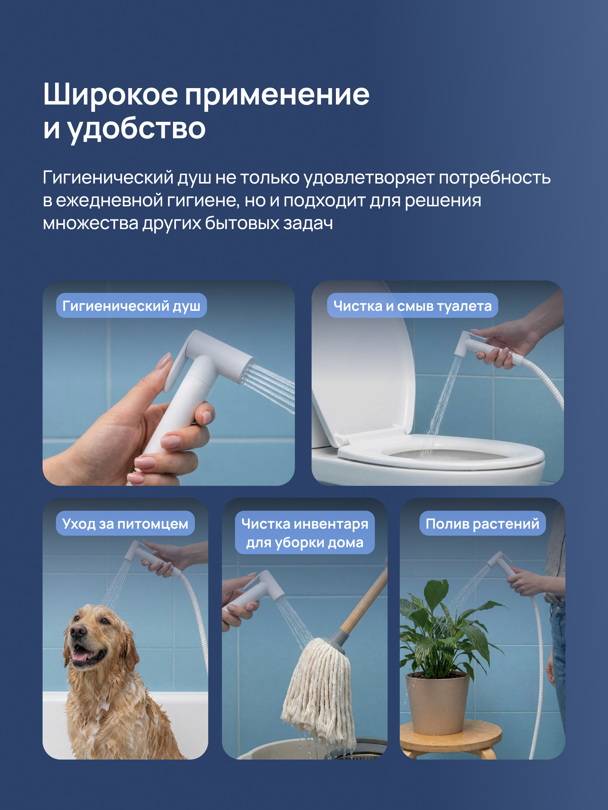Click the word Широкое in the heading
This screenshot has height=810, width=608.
[110, 94]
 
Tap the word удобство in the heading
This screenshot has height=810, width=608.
[136, 129]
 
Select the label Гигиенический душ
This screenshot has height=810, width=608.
[131, 306]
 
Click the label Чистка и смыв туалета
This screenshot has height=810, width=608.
[412, 306]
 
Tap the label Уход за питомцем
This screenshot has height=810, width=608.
[125, 523]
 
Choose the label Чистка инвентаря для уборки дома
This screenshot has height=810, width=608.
[305, 533]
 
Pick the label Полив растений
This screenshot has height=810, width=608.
[482, 523]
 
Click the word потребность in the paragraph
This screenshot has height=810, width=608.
[494, 178]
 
